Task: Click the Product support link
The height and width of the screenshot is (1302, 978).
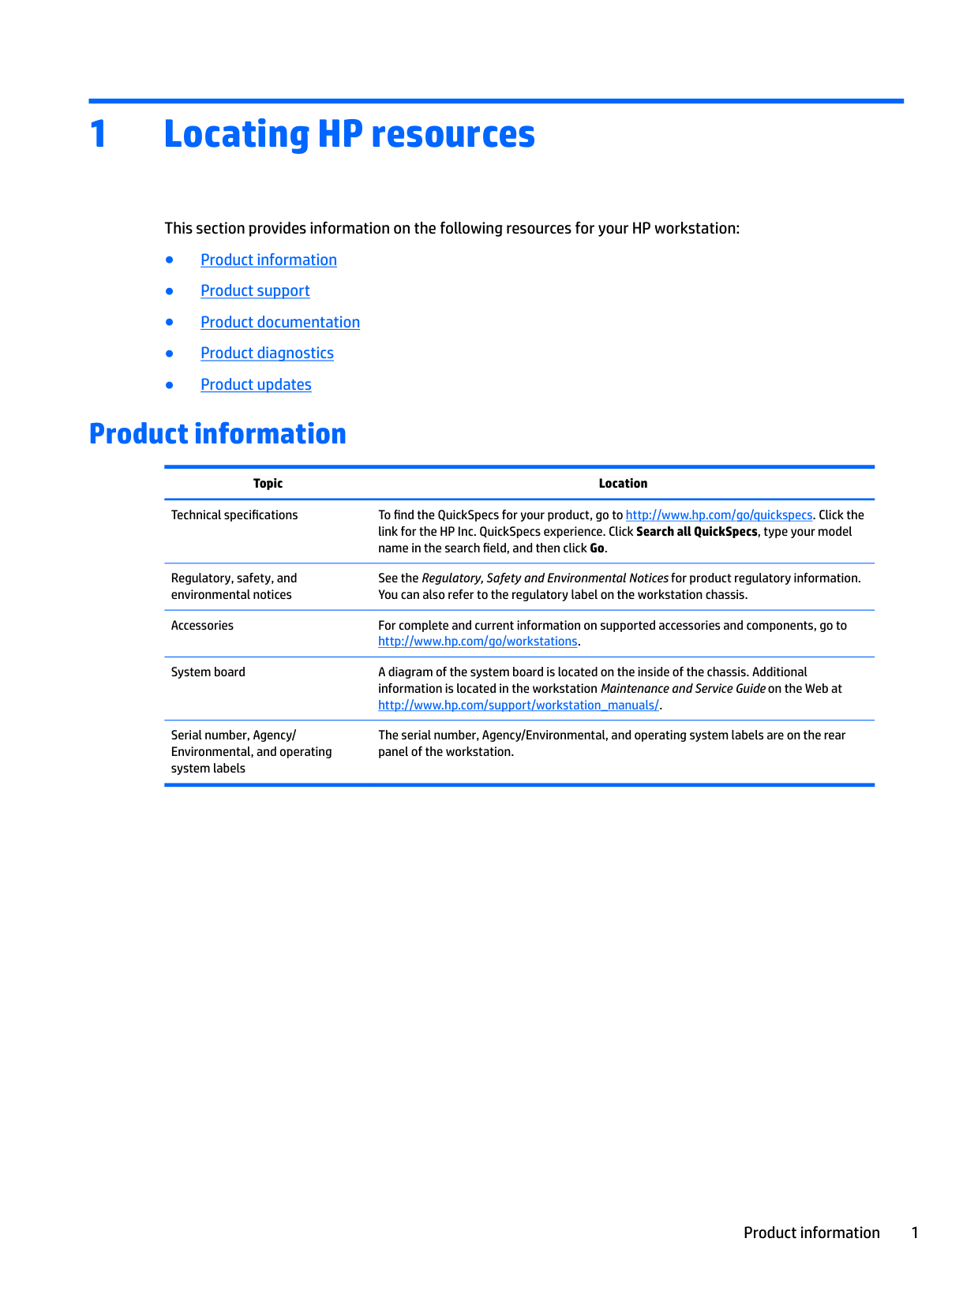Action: [x=255, y=291]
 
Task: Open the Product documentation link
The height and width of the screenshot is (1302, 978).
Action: [x=280, y=322]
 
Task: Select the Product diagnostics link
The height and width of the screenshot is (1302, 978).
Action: [x=267, y=354]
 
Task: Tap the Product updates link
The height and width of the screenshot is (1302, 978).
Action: [x=256, y=385]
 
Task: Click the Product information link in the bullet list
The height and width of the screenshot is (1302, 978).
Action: [x=268, y=260]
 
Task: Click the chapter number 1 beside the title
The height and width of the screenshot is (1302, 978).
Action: [x=98, y=134]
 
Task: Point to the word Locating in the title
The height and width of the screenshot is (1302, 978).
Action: [x=235, y=134]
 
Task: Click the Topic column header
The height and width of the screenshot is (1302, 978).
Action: [x=268, y=484]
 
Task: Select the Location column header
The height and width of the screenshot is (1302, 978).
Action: [x=623, y=484]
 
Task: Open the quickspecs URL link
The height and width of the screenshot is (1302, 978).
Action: [x=718, y=515]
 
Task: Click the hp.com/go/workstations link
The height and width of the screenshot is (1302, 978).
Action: [x=478, y=642]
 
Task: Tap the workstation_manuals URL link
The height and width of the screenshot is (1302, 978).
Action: [x=519, y=705]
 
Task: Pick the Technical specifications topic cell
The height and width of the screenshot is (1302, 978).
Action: [x=234, y=515]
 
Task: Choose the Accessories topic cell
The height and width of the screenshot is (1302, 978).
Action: [x=202, y=626]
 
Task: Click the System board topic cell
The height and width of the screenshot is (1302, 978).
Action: [x=208, y=672]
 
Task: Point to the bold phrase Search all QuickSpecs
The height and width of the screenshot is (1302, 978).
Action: [x=696, y=532]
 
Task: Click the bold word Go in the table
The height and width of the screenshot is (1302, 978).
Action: [x=597, y=548]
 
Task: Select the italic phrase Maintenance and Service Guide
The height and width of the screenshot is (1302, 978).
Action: [x=683, y=689]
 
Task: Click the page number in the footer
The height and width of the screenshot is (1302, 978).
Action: [x=915, y=1233]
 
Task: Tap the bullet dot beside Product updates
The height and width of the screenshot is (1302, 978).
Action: [x=169, y=385]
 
